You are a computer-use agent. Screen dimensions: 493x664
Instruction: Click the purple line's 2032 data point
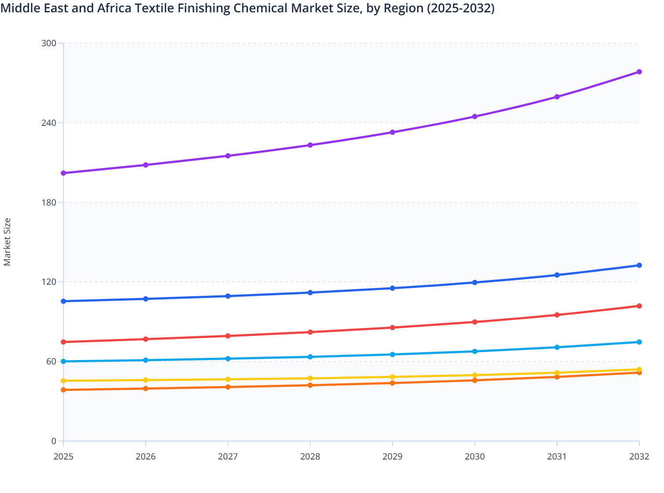(x=639, y=72)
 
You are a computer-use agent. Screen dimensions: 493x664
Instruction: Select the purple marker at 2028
(x=310, y=145)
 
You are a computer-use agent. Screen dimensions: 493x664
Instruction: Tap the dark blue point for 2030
(x=475, y=283)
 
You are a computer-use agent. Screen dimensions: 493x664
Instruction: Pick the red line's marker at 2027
(x=228, y=336)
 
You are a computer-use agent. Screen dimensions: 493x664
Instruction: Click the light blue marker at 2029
(x=392, y=354)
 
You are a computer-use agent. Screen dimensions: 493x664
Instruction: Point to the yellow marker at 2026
(x=146, y=380)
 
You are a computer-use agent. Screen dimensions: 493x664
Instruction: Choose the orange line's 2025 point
(x=63, y=390)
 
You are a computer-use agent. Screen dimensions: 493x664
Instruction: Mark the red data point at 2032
(x=639, y=306)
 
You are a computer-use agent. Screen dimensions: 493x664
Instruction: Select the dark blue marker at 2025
(x=63, y=301)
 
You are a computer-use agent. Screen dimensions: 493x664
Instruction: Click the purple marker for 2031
(x=557, y=97)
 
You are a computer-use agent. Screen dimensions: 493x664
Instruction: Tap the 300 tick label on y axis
(x=49, y=43)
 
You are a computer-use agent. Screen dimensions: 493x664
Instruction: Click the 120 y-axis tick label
(x=49, y=282)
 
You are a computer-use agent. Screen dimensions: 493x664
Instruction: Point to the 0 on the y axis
(x=54, y=441)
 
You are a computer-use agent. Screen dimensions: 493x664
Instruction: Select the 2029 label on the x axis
(x=392, y=456)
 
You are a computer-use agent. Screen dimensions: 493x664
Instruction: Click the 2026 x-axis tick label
(x=146, y=456)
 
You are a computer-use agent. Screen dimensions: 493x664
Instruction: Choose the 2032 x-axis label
(x=639, y=456)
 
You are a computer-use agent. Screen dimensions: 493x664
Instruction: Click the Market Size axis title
(x=7, y=242)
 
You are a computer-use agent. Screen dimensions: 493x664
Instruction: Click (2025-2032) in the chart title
(x=461, y=8)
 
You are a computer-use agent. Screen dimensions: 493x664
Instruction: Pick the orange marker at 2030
(x=475, y=380)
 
